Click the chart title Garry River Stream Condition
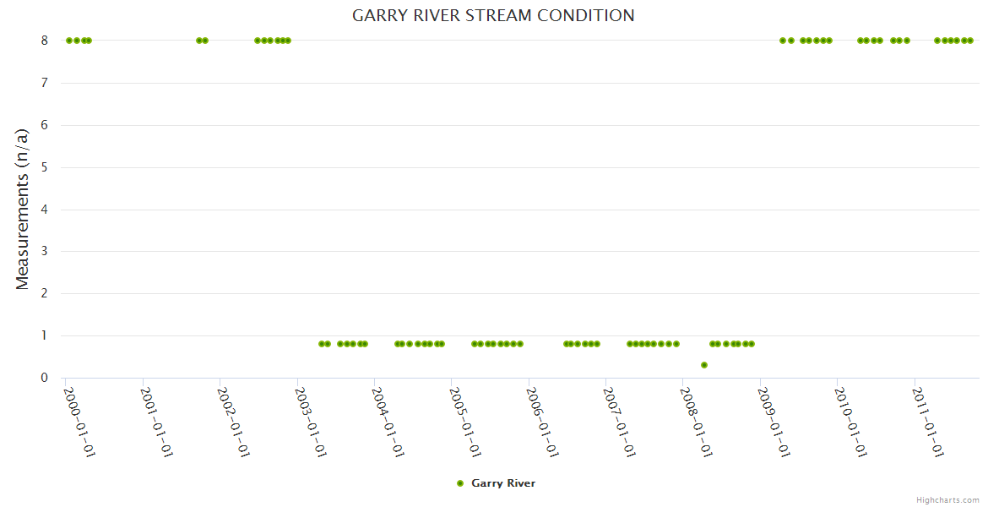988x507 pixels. click(493, 15)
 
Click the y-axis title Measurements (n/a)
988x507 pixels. click(23, 209)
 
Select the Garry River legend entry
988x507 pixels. click(502, 483)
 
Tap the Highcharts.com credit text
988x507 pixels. click(947, 499)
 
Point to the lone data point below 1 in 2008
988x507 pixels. click(704, 365)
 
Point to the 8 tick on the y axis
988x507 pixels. click(45, 41)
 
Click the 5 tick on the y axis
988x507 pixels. click(45, 167)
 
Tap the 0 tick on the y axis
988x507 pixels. click(45, 378)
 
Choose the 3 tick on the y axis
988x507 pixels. click(45, 251)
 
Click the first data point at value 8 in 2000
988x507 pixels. click(69, 41)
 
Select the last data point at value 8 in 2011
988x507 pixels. click(970, 41)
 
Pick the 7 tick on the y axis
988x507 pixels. click(45, 83)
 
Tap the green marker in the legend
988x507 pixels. click(460, 483)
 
